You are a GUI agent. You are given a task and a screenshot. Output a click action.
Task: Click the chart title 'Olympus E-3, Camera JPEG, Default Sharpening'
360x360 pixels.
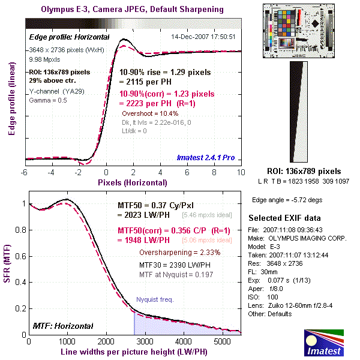pyautogui.click(x=132, y=10)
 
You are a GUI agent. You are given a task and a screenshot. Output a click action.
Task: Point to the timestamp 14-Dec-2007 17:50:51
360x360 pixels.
pyautogui.click(x=203, y=37)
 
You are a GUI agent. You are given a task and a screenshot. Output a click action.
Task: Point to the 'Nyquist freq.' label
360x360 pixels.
pyautogui.click(x=155, y=298)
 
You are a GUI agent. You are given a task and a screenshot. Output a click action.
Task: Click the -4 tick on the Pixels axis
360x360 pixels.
pyautogui.click(x=52, y=172)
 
